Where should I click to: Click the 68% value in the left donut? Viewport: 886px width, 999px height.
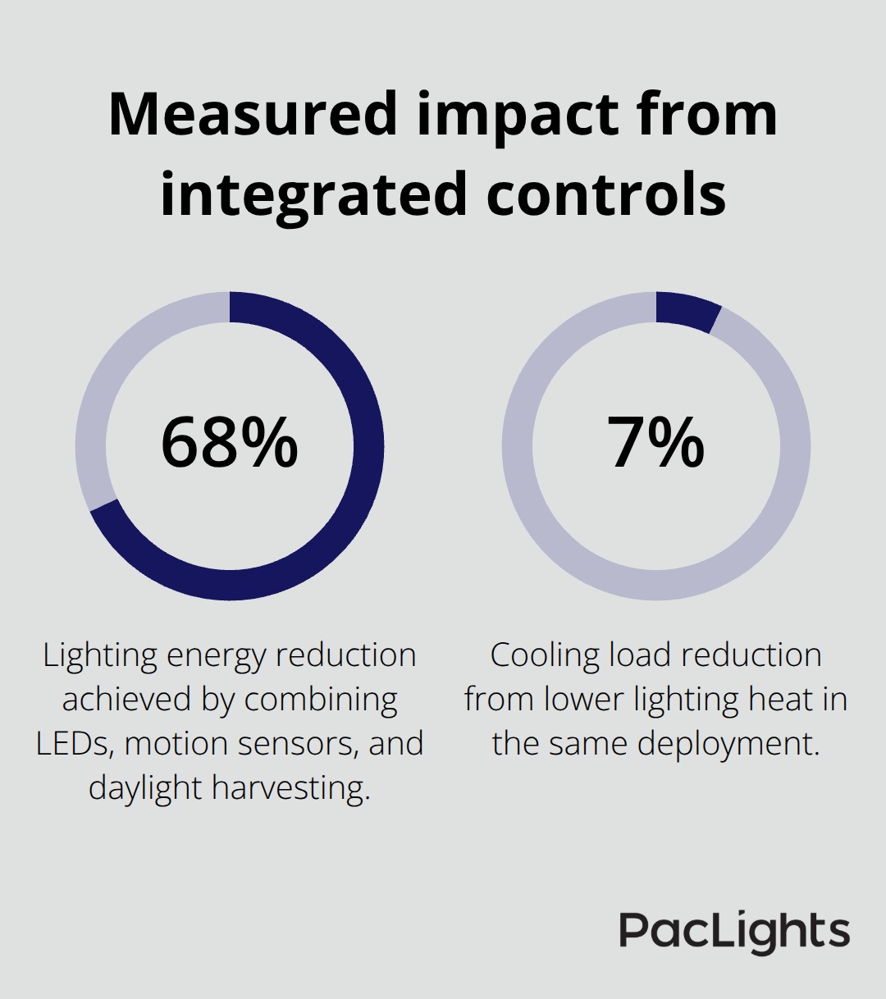230,443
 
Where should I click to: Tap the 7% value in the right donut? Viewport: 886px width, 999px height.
656,443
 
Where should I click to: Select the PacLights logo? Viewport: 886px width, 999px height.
734,932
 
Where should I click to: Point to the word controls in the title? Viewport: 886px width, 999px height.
606,195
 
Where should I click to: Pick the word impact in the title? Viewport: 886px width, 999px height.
514,115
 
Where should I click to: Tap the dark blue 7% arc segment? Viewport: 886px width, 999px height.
687,311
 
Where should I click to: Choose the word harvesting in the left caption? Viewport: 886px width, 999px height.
291,788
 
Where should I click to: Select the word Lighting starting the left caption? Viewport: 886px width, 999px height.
100,655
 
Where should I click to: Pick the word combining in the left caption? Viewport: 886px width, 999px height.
321,700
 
